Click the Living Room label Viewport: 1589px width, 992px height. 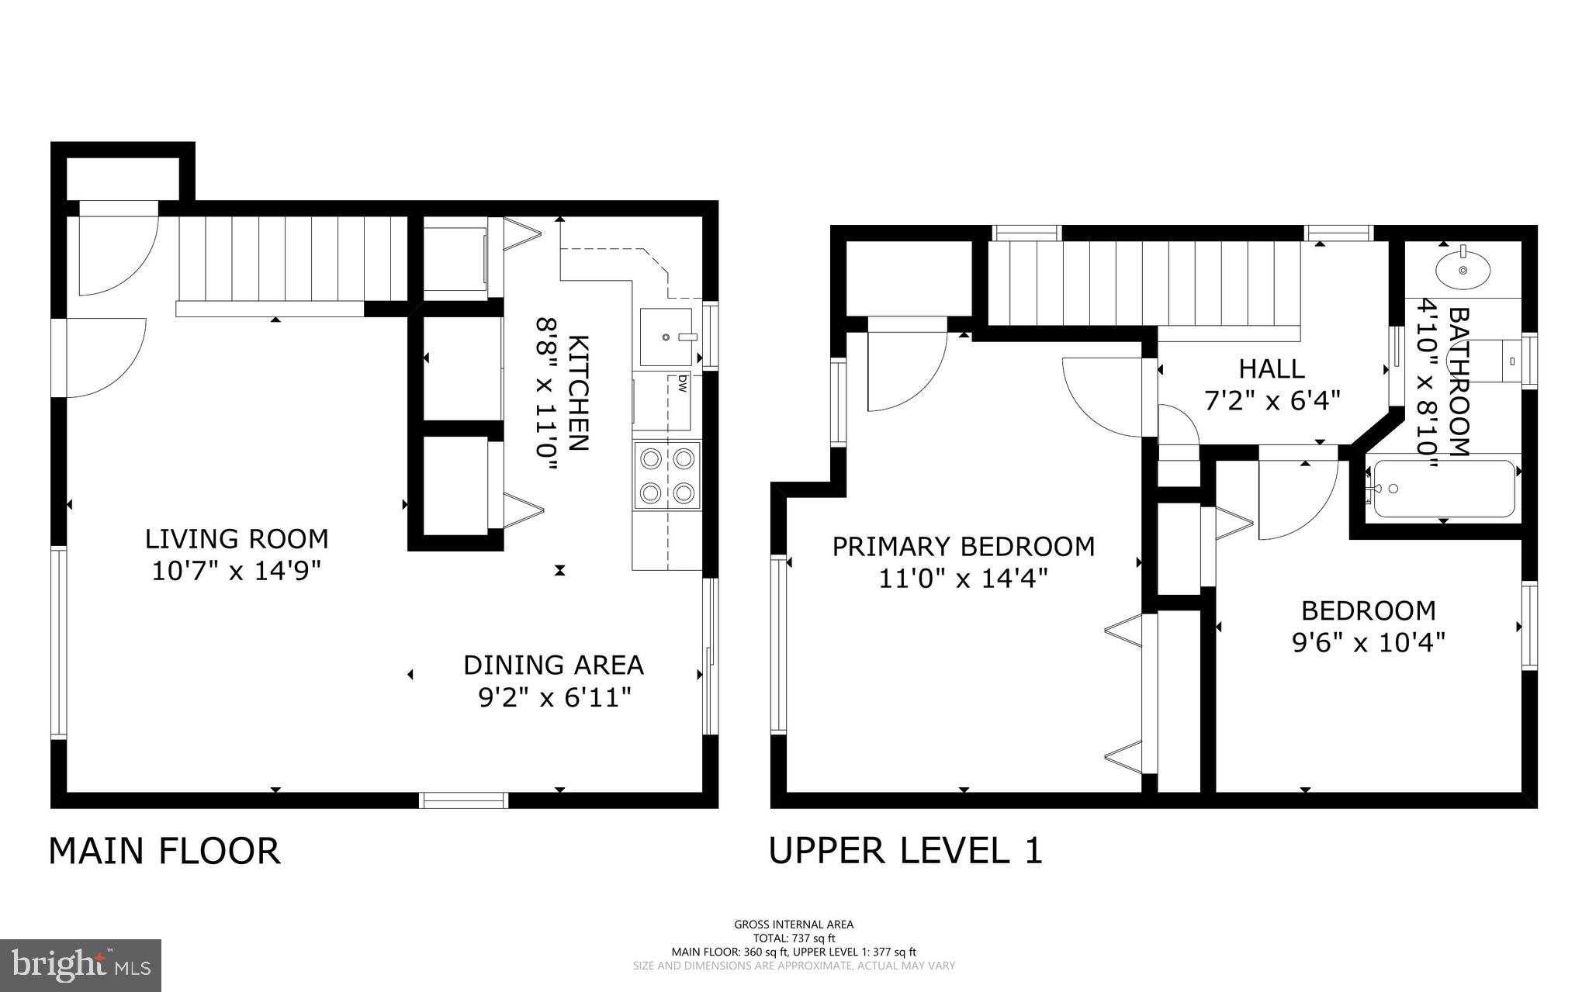click(x=237, y=538)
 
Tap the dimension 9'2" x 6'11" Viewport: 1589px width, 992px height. click(x=553, y=698)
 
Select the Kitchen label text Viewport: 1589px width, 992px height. click(x=579, y=392)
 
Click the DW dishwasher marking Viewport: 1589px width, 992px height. click(x=682, y=382)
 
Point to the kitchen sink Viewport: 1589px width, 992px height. click(x=666, y=337)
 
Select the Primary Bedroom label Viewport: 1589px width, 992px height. click(x=963, y=547)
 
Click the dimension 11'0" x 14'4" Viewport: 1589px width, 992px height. click(x=963, y=579)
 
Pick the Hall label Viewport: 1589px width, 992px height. click(x=1271, y=368)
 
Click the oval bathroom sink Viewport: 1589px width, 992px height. click(x=1463, y=270)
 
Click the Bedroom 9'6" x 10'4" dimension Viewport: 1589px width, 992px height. click(x=1368, y=643)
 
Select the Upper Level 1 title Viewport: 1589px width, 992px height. click(x=905, y=850)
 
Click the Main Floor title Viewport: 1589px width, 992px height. click(x=164, y=851)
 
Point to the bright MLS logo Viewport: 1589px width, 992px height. click(x=81, y=964)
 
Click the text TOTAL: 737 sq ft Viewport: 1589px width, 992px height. click(x=794, y=938)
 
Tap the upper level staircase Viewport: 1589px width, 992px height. click(x=1144, y=283)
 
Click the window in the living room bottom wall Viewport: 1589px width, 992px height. click(x=464, y=800)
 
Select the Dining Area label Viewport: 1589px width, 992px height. click(x=553, y=665)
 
